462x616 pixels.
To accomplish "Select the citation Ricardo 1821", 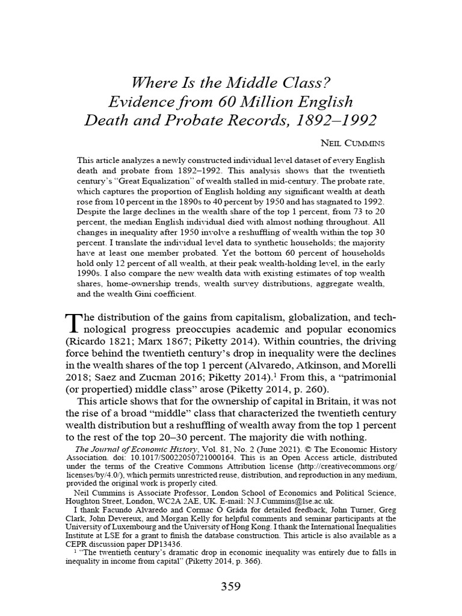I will tap(99, 343).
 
